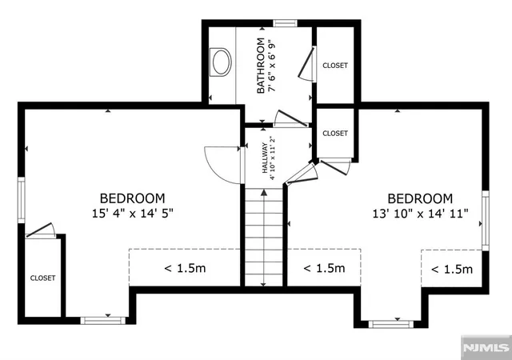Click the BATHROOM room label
click(x=261, y=66)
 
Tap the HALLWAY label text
click(x=265, y=158)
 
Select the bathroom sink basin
click(x=222, y=62)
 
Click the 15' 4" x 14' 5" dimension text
click(x=132, y=214)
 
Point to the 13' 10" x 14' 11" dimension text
click(x=420, y=214)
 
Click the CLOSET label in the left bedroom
click(x=42, y=278)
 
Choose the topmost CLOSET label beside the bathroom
click(x=335, y=66)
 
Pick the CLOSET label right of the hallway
click(x=335, y=134)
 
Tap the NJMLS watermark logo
click(x=486, y=347)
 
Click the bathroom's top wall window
click(x=285, y=23)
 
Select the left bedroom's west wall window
click(x=22, y=200)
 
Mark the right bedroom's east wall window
click(x=486, y=221)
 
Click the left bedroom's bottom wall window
click(x=103, y=321)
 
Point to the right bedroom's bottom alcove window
click(x=391, y=324)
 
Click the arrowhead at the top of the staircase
click(x=264, y=193)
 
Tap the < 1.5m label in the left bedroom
click(x=185, y=268)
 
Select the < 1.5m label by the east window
click(x=452, y=269)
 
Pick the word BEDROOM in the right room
click(x=420, y=198)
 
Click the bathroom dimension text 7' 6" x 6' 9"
click(x=272, y=66)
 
